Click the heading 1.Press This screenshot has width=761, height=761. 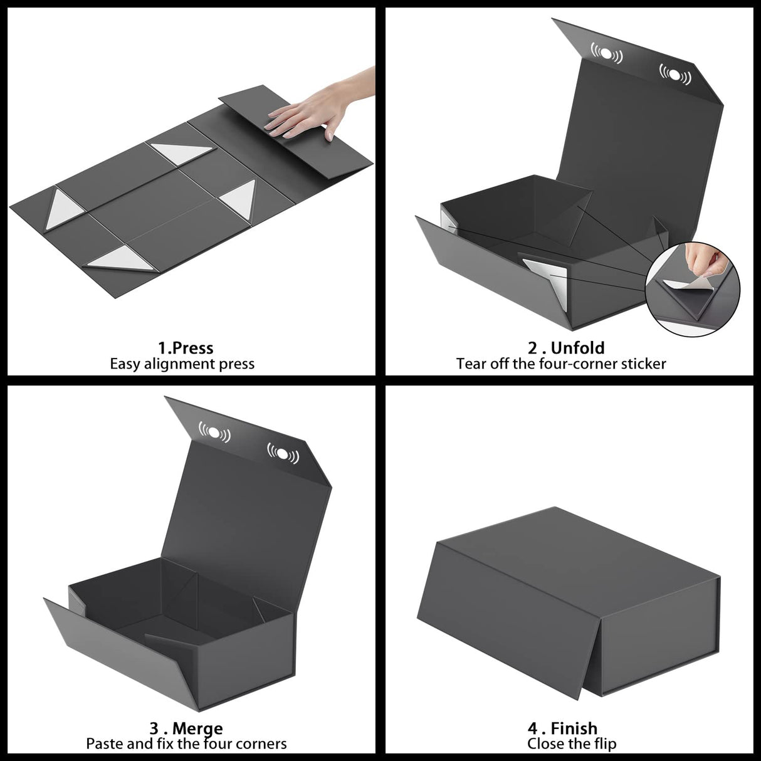pyautogui.click(x=186, y=348)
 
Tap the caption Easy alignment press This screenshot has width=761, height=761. pyautogui.click(x=182, y=364)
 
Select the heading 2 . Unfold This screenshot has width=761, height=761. pyautogui.click(x=566, y=348)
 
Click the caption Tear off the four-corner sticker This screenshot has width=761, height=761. pyautogui.click(x=561, y=364)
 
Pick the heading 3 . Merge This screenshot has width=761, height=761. pyautogui.click(x=186, y=728)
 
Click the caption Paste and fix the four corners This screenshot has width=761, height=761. pyautogui.click(x=186, y=744)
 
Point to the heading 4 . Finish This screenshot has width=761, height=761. pyautogui.click(x=562, y=728)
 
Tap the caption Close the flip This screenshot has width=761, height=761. pyautogui.click(x=572, y=744)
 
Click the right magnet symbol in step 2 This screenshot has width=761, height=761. pyautogui.click(x=674, y=75)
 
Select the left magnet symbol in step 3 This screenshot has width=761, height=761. pyautogui.click(x=214, y=432)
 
